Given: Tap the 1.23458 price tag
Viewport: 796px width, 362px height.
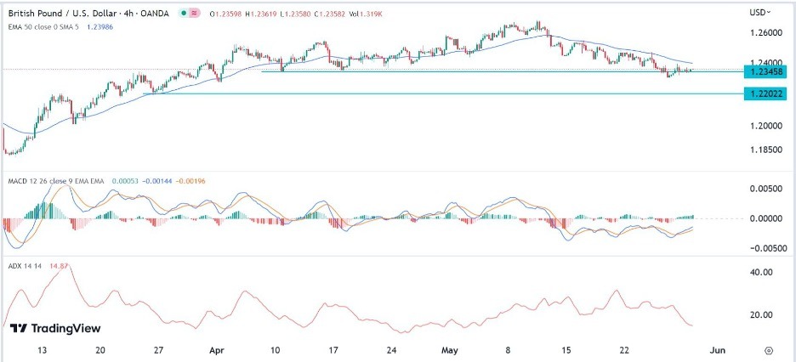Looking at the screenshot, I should pyautogui.click(x=769, y=71).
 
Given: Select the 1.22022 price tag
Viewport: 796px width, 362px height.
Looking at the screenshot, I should pyautogui.click(x=769, y=93).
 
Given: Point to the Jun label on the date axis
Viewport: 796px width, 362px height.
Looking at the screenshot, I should pyautogui.click(x=717, y=349).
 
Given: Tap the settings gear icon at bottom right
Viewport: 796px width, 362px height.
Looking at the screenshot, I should pyautogui.click(x=768, y=349).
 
